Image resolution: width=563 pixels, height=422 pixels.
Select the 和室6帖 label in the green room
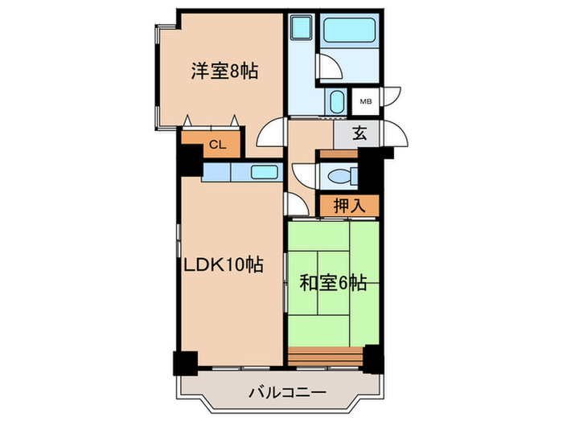coord(334,283)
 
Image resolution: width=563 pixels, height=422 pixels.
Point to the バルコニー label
coord(286,394)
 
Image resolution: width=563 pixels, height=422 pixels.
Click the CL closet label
coord(216,145)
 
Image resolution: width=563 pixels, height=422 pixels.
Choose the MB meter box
coord(365,101)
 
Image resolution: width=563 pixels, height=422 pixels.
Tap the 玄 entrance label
coord(360,135)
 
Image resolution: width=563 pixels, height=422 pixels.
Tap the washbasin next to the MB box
coord(337,101)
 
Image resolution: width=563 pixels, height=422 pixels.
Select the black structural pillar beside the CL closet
coord(190,162)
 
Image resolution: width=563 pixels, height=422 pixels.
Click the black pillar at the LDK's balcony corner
coord(186,363)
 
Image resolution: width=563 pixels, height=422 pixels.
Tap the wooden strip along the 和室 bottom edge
coord(326,355)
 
